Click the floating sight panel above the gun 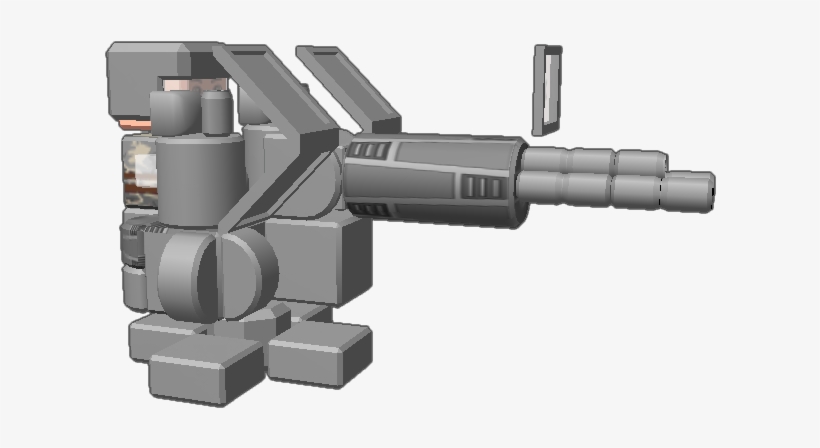547,90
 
